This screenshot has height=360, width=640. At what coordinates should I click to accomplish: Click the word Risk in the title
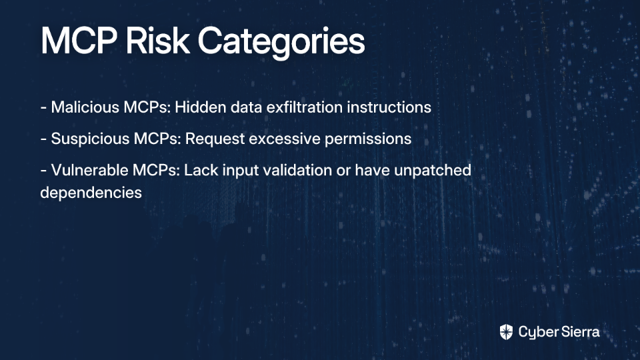coord(157,41)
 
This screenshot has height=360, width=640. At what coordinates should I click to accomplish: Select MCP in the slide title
coord(79,41)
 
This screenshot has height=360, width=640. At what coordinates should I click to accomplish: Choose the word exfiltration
coord(305,107)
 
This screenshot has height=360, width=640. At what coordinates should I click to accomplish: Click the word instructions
coord(389,107)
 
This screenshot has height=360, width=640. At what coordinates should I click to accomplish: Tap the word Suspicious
coord(90,139)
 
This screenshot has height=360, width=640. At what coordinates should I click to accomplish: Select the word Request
coord(215,139)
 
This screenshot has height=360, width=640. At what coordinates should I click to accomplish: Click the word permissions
coord(368,139)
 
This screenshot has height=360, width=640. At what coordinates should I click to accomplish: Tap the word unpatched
coord(433,171)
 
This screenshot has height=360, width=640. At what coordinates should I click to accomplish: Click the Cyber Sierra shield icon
coord(506,332)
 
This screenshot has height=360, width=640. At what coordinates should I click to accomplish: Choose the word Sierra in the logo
coord(579,331)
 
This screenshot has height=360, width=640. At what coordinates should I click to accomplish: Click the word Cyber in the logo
coord(537,332)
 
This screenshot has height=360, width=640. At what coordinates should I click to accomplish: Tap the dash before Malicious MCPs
coord(43,108)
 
